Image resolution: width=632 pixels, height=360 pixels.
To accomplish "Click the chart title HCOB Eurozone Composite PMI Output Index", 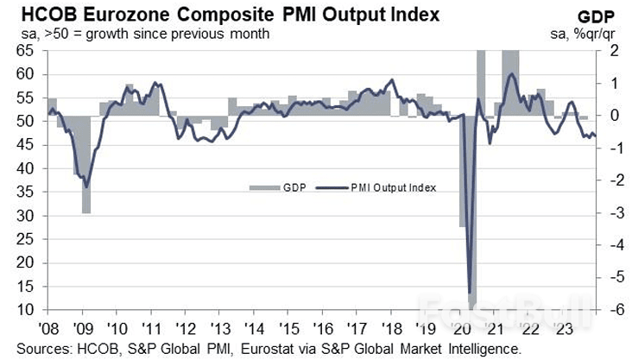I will point(224,14).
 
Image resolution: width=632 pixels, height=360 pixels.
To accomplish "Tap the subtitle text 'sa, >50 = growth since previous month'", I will point(139,34).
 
